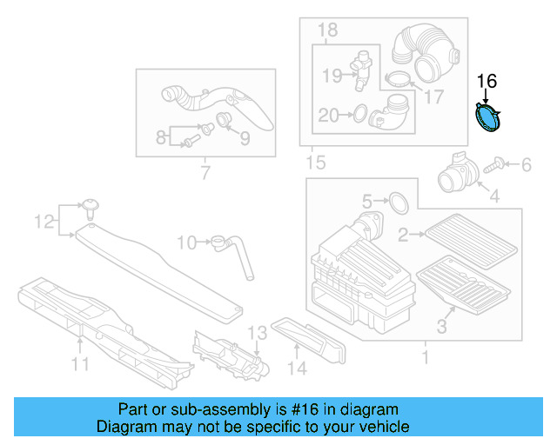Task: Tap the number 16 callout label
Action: pyautogui.click(x=487, y=82)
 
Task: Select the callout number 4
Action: pyautogui.click(x=494, y=197)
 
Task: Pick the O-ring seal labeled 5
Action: pyautogui.click(x=397, y=203)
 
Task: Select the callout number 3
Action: pyautogui.click(x=441, y=327)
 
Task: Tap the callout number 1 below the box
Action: pyautogui.click(x=425, y=356)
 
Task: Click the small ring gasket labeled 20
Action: pyautogui.click(x=356, y=113)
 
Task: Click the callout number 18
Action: pyautogui.click(x=326, y=31)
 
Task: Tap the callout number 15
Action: pyautogui.click(x=315, y=163)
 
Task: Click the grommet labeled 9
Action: pyautogui.click(x=223, y=119)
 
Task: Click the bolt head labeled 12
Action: pyautogui.click(x=90, y=205)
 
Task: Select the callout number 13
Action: pyautogui.click(x=256, y=333)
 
